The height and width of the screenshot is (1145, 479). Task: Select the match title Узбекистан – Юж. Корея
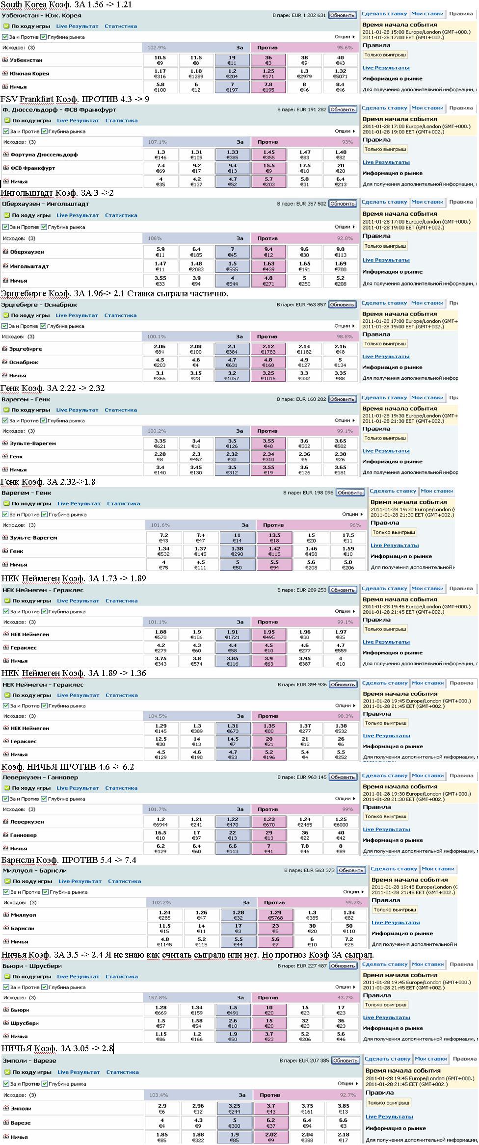tap(42, 16)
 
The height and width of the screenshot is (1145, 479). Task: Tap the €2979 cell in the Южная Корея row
tap(304, 76)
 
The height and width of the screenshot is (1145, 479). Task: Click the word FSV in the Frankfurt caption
tap(10, 99)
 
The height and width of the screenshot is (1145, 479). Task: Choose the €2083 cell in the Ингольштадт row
tap(196, 269)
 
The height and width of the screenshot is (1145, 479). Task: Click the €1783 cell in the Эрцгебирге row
tap(268, 352)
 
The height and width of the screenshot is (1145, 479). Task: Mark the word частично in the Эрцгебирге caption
tap(211, 294)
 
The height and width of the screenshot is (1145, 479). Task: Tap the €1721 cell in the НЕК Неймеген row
tap(233, 637)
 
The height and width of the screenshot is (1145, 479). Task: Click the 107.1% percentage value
tap(158, 142)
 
